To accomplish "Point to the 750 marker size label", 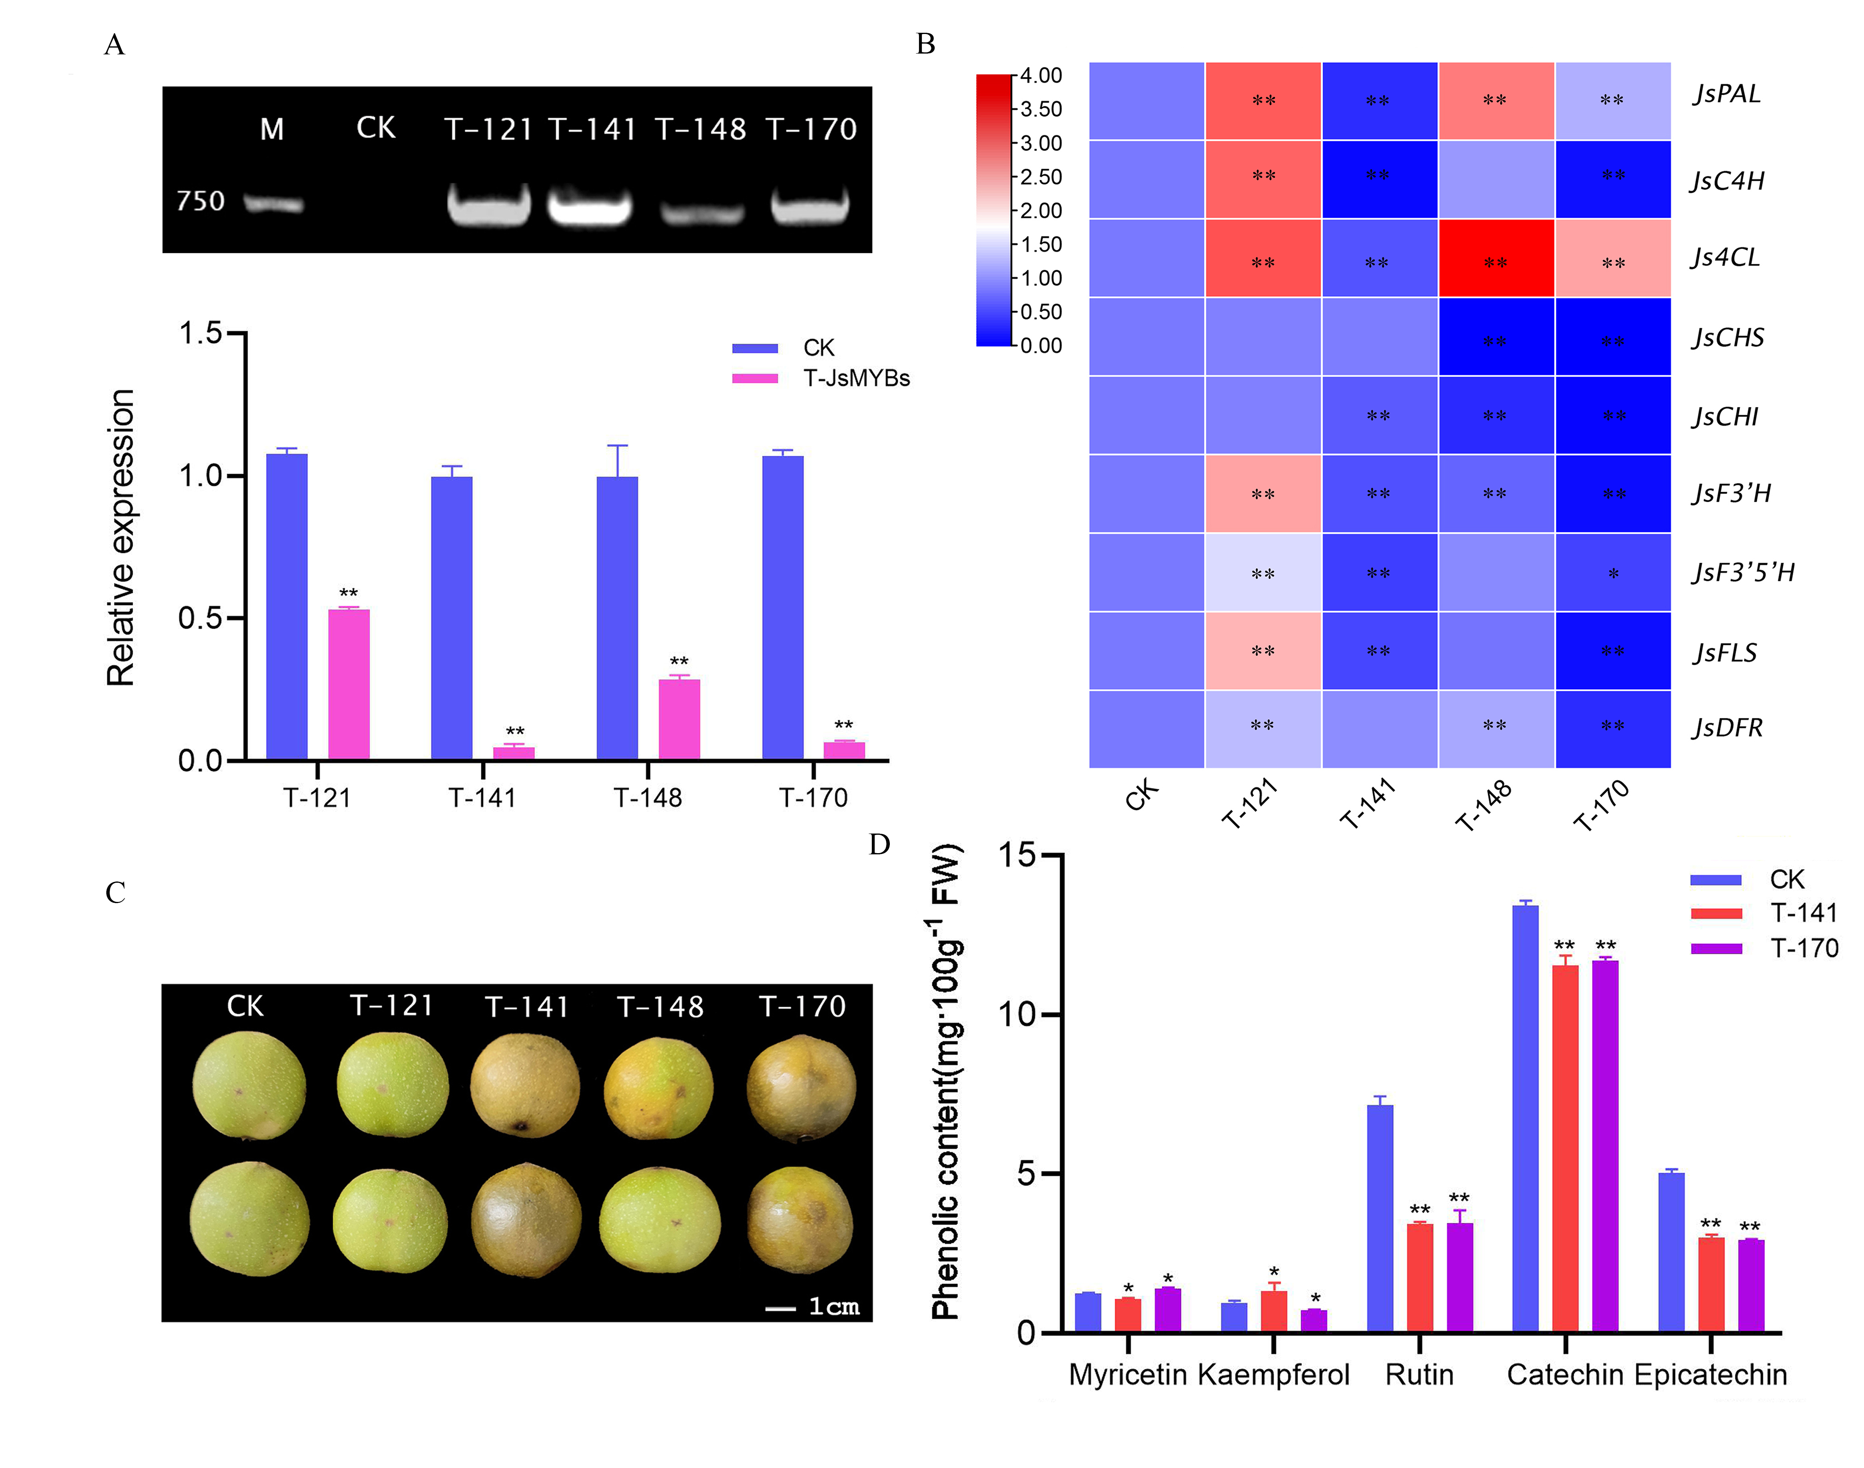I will pyautogui.click(x=200, y=201).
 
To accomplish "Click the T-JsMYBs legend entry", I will pyautogui.click(x=855, y=378).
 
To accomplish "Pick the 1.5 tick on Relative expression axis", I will pyautogui.click(x=200, y=333).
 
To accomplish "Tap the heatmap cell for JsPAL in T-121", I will pyautogui.click(x=1262, y=101).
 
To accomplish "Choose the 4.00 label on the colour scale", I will pyautogui.click(x=1041, y=76).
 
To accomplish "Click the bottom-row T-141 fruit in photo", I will pyautogui.click(x=526, y=1219).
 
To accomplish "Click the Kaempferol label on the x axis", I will pyautogui.click(x=1274, y=1374).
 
